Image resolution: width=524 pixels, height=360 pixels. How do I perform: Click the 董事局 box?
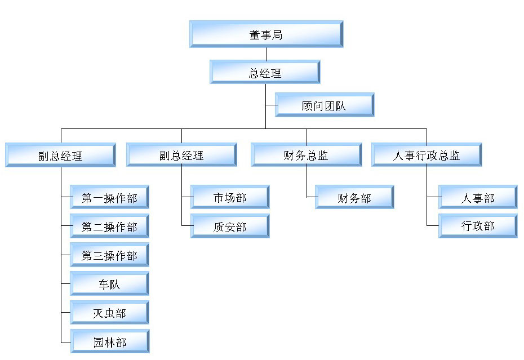pos(266,34)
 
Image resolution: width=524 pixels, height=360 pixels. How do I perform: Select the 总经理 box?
pos(265,72)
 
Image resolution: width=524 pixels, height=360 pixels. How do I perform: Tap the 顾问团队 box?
pos(325,105)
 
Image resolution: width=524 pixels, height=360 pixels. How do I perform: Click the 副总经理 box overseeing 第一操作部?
pos(60,155)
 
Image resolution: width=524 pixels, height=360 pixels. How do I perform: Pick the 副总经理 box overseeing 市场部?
pos(181,155)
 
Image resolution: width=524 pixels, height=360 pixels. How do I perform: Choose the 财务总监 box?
pos(306,155)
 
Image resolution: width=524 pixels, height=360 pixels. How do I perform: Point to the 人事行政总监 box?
pos(427,155)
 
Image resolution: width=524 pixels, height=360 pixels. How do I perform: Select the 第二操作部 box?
pos(109,226)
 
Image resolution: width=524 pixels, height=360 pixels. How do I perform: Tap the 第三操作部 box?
pos(109,255)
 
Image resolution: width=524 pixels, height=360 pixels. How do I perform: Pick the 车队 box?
pos(109,284)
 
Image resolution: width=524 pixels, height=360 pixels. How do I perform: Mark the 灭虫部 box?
pos(109,313)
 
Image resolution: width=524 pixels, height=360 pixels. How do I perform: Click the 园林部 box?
pos(109,341)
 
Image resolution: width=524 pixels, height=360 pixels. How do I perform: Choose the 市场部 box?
pos(230,197)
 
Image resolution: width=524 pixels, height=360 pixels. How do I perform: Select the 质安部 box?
pos(230,226)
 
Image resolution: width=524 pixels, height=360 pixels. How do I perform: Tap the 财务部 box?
pos(354,197)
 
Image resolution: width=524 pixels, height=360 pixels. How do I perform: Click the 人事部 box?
pos(478,197)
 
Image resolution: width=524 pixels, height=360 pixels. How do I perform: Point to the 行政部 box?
pos(478,226)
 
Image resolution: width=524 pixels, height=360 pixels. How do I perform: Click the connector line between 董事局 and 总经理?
pos(266,54)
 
